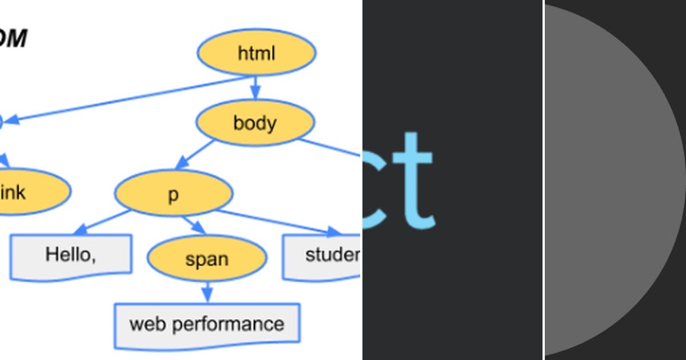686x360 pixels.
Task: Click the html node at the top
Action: pos(256,53)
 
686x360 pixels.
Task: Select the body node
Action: pos(255,123)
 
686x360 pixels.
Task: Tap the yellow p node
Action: pos(174,194)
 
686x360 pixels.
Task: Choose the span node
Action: pos(207,259)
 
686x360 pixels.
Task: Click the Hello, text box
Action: pos(71,255)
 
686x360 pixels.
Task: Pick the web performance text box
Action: pos(207,325)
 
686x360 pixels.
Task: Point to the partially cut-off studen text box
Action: pos(323,256)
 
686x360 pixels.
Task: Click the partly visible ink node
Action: pos(29,193)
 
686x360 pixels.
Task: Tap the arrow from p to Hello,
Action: pos(103,222)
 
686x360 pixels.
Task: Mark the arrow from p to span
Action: pos(194,225)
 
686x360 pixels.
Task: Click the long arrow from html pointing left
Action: pos(126,99)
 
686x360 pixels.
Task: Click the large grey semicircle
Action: pos(606,180)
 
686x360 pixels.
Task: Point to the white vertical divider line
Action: pos(544,180)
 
